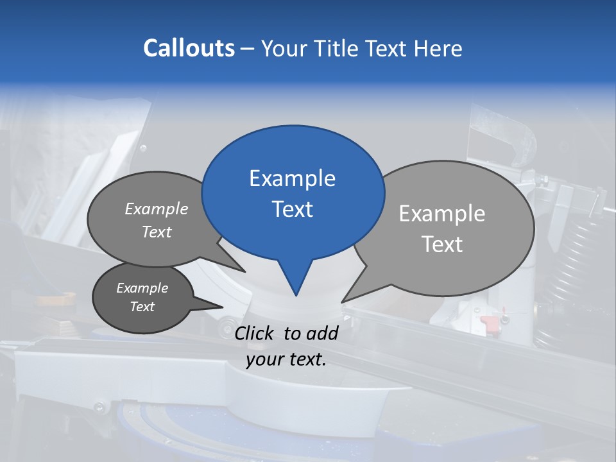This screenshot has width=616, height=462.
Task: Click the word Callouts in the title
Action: pos(189,48)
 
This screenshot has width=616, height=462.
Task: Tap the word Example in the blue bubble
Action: pos(292,178)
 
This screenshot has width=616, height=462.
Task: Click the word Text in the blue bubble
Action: pos(292,209)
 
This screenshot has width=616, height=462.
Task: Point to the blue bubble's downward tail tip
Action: pos(296,295)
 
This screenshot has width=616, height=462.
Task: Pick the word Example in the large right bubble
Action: pos(441,214)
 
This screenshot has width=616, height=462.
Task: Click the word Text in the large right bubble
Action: pos(441,244)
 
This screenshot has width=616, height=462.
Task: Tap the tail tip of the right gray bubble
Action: pos(343,302)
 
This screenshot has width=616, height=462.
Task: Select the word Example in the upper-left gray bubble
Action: pos(157,209)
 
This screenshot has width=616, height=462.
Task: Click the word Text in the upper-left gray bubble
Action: pos(157,232)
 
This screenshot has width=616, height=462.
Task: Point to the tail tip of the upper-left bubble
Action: pos(244,272)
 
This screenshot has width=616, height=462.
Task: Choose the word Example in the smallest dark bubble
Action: pos(142,288)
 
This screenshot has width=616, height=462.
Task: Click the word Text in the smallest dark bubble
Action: pos(142,307)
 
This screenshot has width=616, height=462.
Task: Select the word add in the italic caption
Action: pos(321,333)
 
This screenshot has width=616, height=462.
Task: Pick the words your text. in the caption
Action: pos(286,359)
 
